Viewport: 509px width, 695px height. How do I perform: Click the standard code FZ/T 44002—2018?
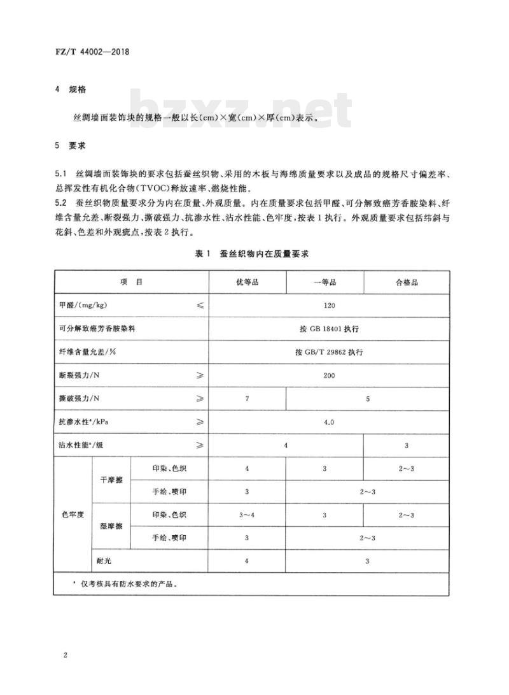click(92, 53)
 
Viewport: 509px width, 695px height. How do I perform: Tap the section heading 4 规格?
click(70, 90)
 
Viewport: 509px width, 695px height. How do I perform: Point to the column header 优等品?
click(247, 282)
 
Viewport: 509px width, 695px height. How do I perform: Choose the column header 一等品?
click(324, 282)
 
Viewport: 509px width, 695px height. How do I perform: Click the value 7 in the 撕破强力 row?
click(247, 399)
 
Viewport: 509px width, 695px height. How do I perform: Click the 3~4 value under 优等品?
click(247, 515)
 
